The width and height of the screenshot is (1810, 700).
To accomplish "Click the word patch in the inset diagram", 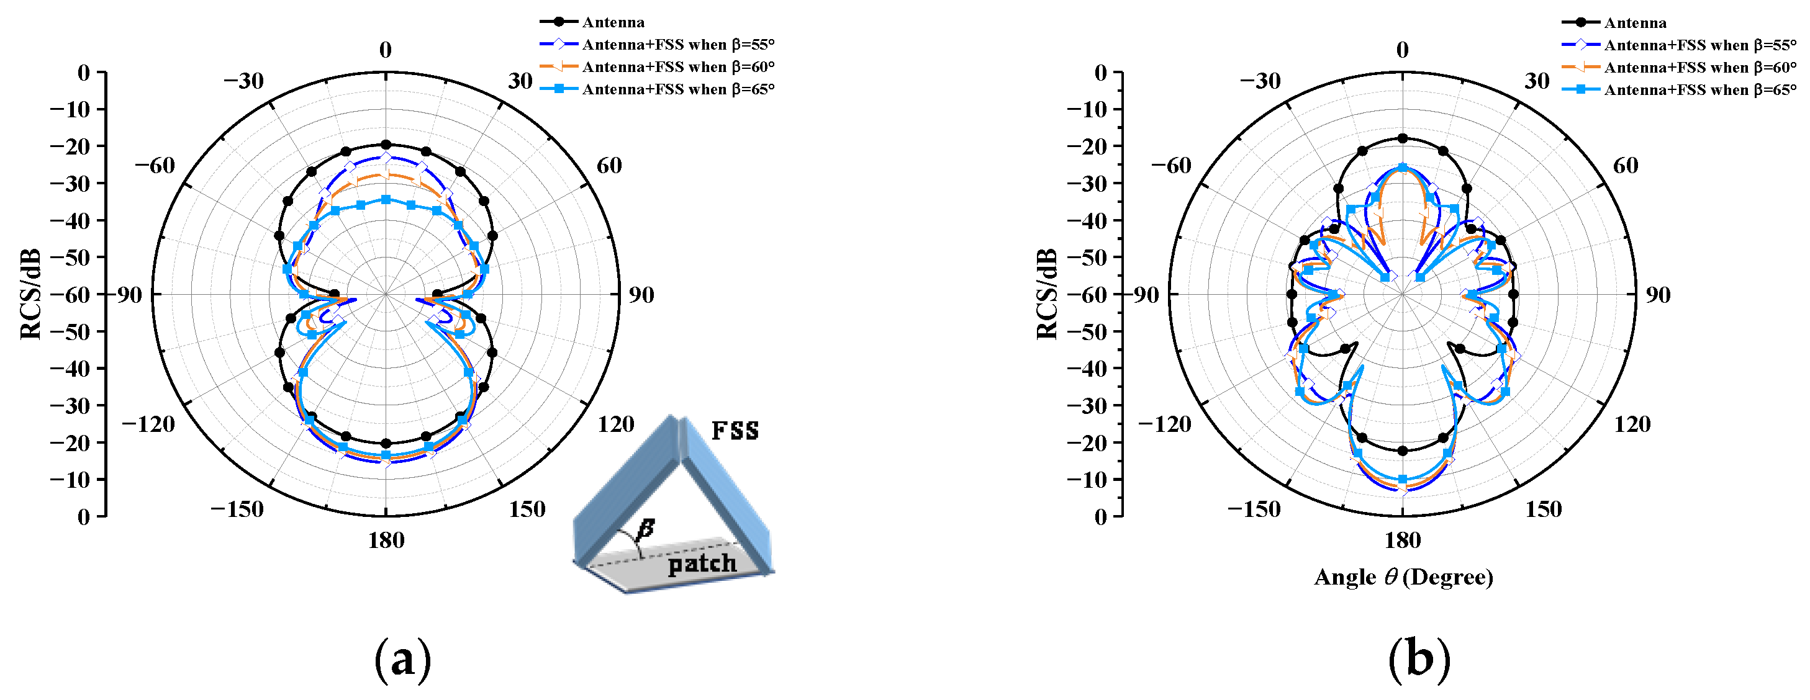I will [x=702, y=563].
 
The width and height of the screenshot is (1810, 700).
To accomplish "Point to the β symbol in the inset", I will [x=646, y=529].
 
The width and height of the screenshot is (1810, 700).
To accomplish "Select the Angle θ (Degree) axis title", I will [x=1403, y=577].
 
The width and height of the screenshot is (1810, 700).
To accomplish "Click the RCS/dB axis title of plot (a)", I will [x=30, y=294].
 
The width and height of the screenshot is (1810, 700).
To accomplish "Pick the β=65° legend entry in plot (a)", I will [x=677, y=89].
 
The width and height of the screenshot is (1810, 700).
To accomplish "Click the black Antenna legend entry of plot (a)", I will [x=613, y=22].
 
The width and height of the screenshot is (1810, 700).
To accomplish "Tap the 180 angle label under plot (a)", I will [x=386, y=540].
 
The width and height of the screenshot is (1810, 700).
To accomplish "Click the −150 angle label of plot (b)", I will [x=1254, y=509].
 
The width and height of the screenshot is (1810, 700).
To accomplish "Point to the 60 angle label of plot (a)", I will [x=609, y=166].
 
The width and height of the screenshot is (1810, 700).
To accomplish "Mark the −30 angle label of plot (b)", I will [x=1260, y=81].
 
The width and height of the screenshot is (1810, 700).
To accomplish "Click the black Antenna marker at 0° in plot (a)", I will [x=386, y=145].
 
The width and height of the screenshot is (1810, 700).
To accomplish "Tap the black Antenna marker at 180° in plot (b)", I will [x=1403, y=451].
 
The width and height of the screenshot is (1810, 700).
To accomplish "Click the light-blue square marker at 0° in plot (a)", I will [x=386, y=199].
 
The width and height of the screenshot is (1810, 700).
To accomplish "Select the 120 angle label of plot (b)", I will [x=1632, y=424].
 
